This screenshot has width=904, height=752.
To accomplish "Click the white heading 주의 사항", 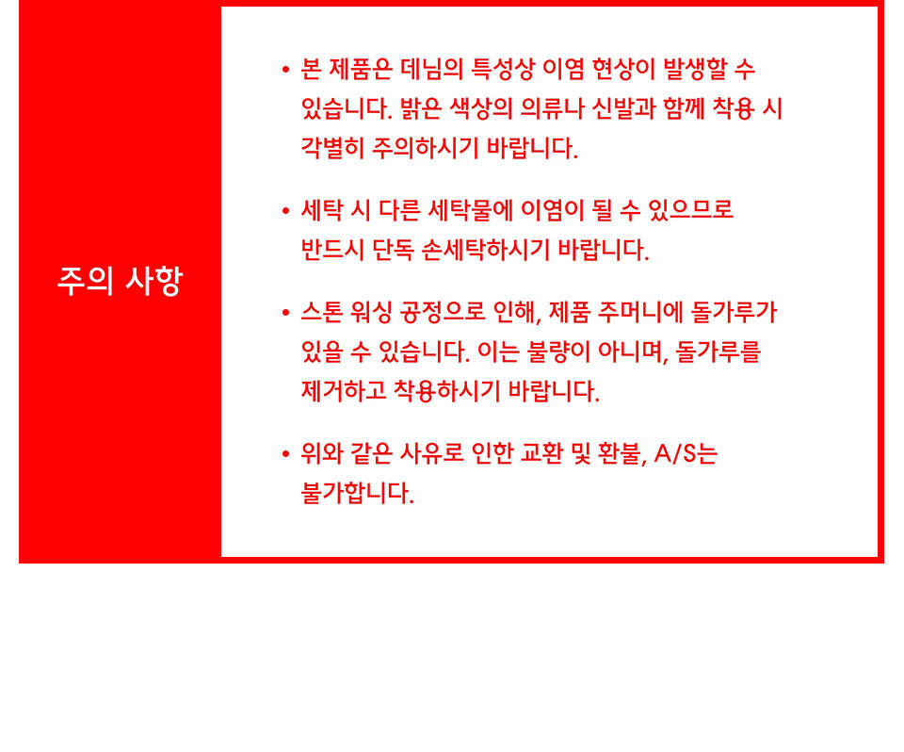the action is click(120, 281).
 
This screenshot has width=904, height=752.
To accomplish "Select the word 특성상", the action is click(503, 69).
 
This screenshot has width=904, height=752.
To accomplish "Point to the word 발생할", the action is click(695, 69).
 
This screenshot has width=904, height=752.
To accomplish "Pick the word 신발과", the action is click(623, 108).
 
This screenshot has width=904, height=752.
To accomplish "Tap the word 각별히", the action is click(332, 148).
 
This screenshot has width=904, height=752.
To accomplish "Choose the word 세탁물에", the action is click(471, 210).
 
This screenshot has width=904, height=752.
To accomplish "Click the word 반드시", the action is click(332, 250).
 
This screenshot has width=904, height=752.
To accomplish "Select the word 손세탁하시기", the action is click(486, 250).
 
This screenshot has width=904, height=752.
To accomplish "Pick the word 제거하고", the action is click(344, 391).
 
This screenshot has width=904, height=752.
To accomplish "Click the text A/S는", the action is click(686, 453).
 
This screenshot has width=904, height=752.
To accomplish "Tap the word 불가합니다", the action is click(358, 492).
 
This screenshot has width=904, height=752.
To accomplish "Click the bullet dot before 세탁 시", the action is click(285, 211).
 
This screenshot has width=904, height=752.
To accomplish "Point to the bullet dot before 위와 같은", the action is click(285, 454).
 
